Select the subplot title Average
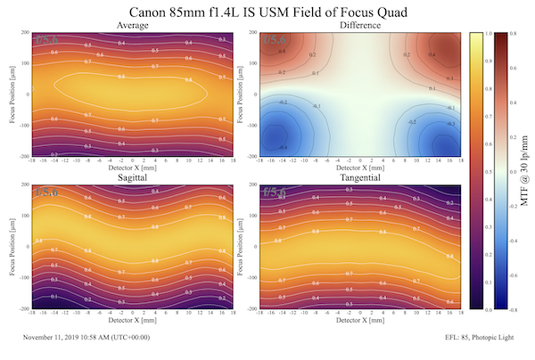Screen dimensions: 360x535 tap(133, 26)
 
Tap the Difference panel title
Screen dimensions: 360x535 tap(360, 26)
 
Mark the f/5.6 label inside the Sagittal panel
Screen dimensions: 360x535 tap(47, 192)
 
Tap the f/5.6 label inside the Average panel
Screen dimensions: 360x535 tap(47, 41)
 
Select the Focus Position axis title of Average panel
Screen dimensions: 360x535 tap(7, 94)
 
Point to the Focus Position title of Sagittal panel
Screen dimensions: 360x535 tap(7, 247)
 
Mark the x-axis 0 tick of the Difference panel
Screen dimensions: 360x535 tap(360, 161)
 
